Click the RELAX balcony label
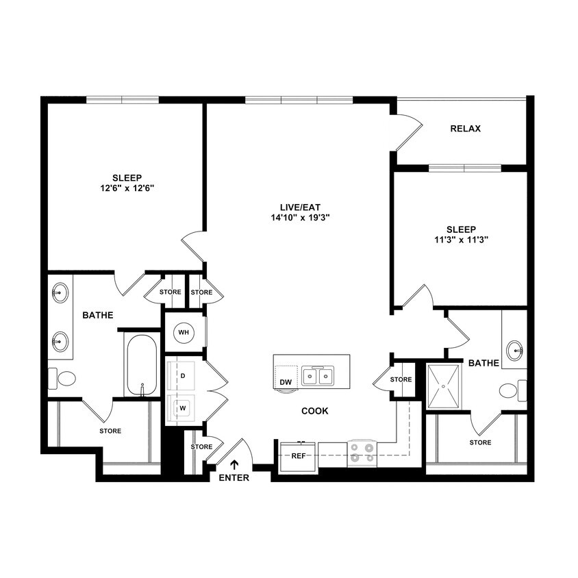(x=465, y=129)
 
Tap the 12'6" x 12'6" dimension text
(x=127, y=188)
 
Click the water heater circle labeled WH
(x=184, y=332)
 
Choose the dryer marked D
(x=182, y=376)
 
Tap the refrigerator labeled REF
(x=299, y=455)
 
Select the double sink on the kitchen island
(x=318, y=376)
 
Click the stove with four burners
(x=362, y=453)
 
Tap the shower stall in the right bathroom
(x=447, y=386)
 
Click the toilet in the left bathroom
(x=64, y=378)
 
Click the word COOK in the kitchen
(x=315, y=411)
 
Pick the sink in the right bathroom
(x=514, y=351)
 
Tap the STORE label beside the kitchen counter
(x=401, y=379)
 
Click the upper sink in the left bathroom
(x=60, y=294)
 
